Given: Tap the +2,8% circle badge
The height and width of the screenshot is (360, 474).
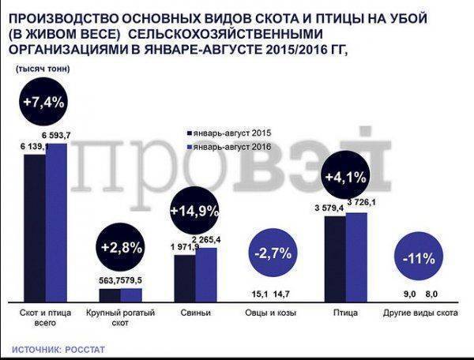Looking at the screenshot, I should click(x=121, y=246).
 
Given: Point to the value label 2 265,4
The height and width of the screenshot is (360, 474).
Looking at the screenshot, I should click(x=209, y=239).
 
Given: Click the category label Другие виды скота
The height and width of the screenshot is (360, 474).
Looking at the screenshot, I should click(x=421, y=313).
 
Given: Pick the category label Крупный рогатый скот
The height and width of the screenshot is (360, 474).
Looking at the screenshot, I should click(x=120, y=317).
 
